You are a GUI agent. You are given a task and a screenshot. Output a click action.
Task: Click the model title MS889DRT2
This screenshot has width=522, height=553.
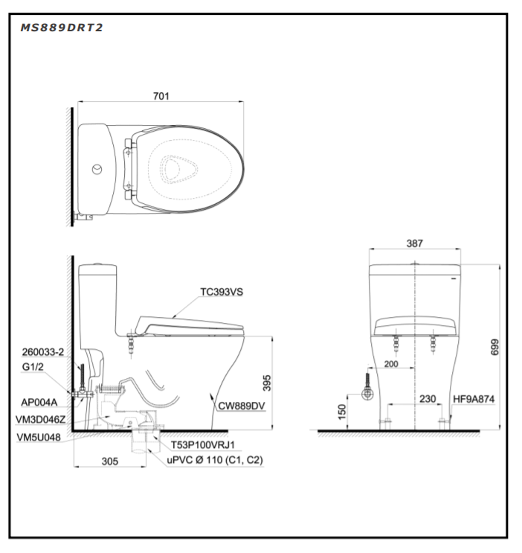pyautogui.click(x=62, y=28)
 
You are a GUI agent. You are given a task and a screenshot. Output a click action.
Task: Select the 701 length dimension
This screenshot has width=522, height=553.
pyautogui.click(x=161, y=96)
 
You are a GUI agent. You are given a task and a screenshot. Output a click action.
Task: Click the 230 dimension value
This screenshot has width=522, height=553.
pyautogui.click(x=427, y=399)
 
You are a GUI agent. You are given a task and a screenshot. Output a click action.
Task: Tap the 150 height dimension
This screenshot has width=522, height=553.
pyautogui.click(x=341, y=412)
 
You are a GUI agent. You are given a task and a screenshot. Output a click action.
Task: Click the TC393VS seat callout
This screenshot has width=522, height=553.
pyautogui.click(x=222, y=293)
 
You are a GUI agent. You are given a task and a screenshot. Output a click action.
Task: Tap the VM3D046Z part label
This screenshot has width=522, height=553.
pyautogui.click(x=40, y=419)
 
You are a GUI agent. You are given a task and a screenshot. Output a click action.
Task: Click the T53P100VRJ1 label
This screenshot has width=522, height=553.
pyautogui.click(x=203, y=445)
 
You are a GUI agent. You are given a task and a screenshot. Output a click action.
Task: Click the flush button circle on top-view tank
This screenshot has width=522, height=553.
pyautogui.click(x=97, y=169)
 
